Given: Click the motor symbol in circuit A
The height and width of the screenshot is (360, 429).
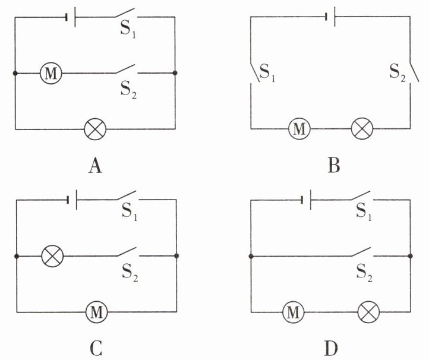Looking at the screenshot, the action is (x=51, y=73).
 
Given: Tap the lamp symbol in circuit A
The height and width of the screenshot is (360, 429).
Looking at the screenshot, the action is (x=95, y=129).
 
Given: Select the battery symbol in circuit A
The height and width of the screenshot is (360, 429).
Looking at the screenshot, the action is (x=71, y=17).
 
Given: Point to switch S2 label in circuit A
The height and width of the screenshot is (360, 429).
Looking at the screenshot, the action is (x=128, y=90).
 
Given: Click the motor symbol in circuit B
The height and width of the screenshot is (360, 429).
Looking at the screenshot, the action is (x=299, y=128).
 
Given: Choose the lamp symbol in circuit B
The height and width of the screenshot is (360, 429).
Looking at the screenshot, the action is (x=362, y=128).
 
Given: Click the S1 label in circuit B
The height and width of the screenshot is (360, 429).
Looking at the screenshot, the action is (x=267, y=72).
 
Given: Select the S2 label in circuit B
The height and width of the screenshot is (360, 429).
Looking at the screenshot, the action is (x=398, y=72).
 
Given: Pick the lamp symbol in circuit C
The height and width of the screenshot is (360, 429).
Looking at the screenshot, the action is (x=52, y=256).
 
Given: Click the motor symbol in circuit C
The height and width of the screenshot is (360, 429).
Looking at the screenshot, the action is (x=97, y=312).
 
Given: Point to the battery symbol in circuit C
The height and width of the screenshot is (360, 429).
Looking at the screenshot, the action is (x=72, y=200).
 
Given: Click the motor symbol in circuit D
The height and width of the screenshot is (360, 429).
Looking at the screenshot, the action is (x=293, y=312).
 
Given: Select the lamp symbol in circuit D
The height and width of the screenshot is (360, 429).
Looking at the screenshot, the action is (x=368, y=312).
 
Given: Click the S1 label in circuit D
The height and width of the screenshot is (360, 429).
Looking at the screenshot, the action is (x=364, y=211).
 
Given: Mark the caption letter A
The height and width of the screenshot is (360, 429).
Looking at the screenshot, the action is (x=95, y=166).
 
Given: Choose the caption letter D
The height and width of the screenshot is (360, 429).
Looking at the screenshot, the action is (x=331, y=348).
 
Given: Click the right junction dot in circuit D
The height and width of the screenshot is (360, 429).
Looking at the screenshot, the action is (x=410, y=256).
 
